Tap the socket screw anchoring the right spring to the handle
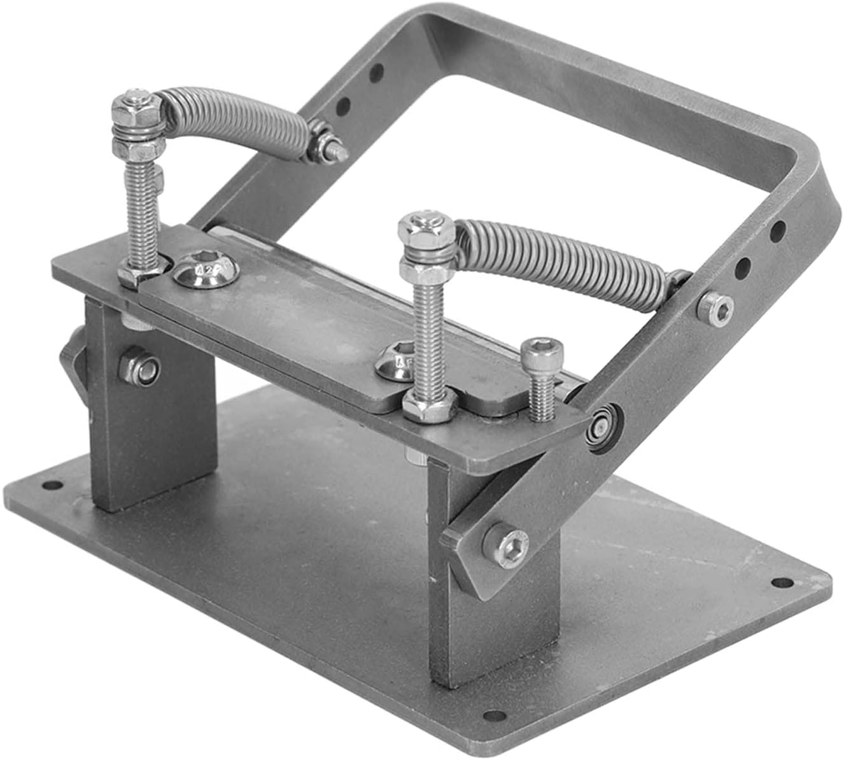(715, 308)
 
